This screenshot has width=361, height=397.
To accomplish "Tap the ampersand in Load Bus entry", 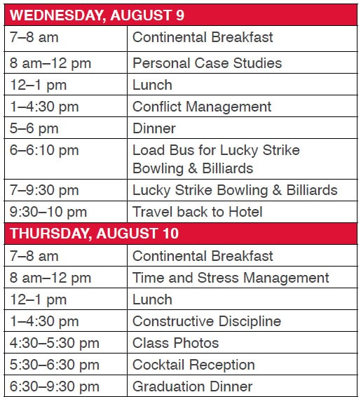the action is pyautogui.click(x=193, y=168).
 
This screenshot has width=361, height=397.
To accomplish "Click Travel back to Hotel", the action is pyautogui.click(x=197, y=212).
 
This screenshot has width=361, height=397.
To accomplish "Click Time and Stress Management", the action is pyautogui.click(x=231, y=278).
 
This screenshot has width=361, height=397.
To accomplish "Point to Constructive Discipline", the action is pyautogui.click(x=207, y=321).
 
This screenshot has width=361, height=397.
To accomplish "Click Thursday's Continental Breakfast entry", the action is pyautogui.click(x=203, y=256).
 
